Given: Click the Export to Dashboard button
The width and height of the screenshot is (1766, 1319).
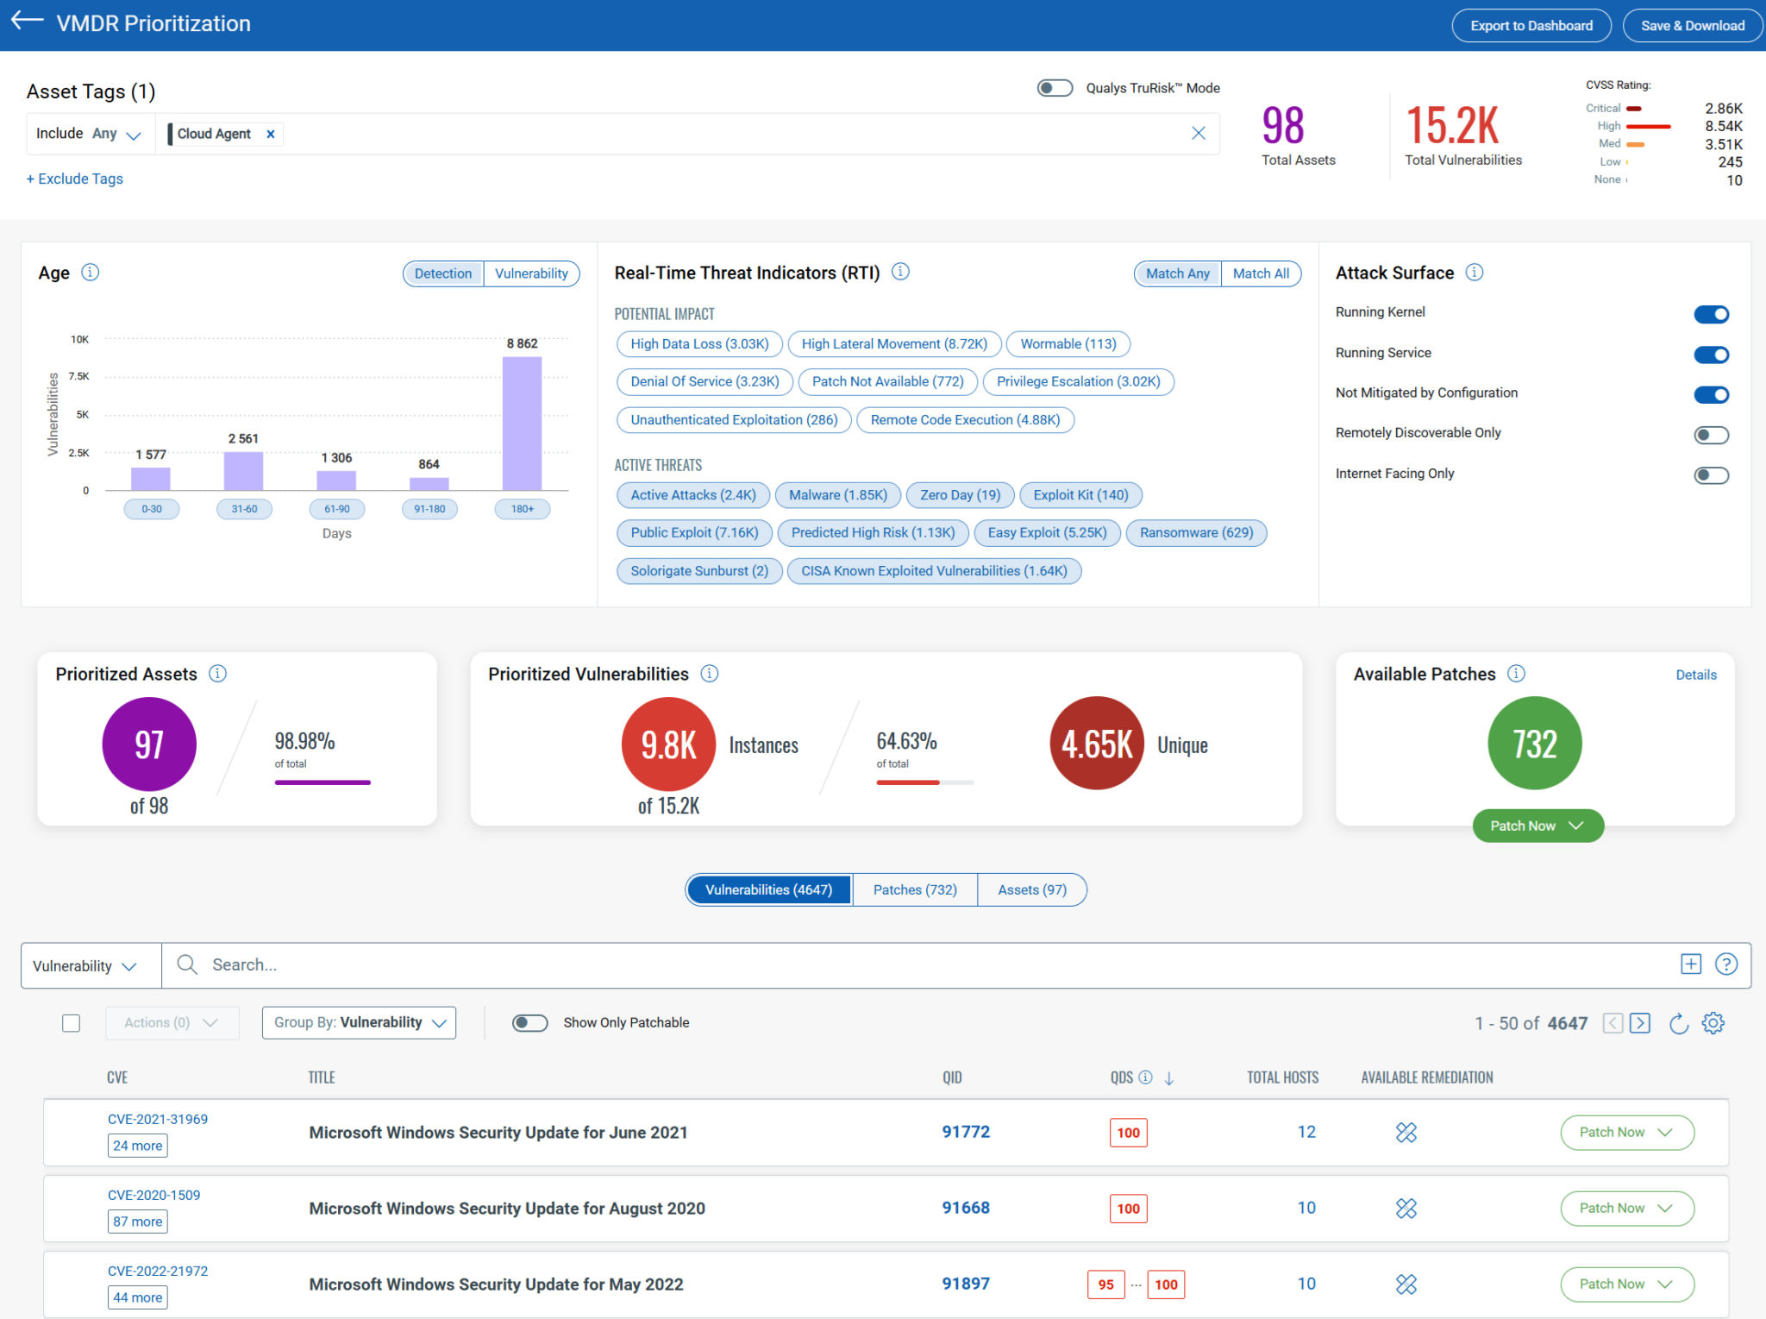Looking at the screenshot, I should click(x=1531, y=25).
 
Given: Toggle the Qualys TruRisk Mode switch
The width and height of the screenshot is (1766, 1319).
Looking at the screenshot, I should click(x=1054, y=88).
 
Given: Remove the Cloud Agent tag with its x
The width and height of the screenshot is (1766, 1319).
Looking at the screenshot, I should click(x=271, y=134).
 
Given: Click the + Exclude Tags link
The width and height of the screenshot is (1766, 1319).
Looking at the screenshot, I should click(x=75, y=179).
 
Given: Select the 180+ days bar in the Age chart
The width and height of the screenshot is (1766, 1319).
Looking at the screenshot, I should click(x=522, y=423).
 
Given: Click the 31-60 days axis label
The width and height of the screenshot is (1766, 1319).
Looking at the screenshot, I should click(x=244, y=509).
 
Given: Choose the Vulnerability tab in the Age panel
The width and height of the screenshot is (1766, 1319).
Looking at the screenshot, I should click(x=531, y=273).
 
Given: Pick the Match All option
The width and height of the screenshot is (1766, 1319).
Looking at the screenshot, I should click(x=1260, y=273).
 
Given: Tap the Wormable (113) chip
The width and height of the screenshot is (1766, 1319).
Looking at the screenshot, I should click(x=1068, y=344).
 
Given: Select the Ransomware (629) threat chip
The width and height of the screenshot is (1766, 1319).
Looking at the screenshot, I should click(x=1196, y=533).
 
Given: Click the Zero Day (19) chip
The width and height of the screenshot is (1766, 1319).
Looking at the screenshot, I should click(x=960, y=495).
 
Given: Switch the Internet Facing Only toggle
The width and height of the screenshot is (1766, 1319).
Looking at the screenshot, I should click(x=1710, y=474).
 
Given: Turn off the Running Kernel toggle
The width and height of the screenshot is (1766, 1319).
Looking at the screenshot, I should click(x=1710, y=314).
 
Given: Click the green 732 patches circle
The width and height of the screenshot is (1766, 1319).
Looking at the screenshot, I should click(x=1534, y=744).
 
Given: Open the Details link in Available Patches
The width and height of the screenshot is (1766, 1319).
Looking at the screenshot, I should click(x=1695, y=675).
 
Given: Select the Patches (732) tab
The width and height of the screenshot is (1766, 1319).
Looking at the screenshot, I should click(x=914, y=889).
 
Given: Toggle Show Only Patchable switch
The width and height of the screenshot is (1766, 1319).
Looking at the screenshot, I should click(x=529, y=1022).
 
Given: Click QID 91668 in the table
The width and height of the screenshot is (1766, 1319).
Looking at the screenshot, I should click(x=965, y=1208).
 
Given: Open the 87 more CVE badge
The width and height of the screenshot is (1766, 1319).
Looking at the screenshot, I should click(x=138, y=1222).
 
